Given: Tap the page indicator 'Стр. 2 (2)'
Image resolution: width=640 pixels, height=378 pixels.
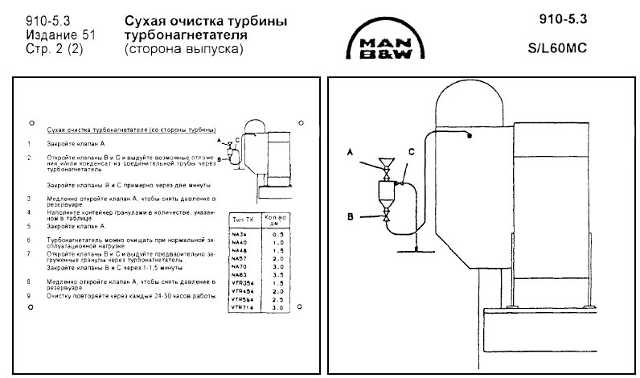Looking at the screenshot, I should (x=55, y=50).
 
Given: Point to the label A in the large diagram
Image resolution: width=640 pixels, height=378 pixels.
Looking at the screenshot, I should (x=351, y=151).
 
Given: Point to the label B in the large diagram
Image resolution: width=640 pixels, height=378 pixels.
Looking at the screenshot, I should (x=351, y=216).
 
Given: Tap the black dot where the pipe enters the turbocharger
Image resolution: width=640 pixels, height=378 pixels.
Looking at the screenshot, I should (x=467, y=137).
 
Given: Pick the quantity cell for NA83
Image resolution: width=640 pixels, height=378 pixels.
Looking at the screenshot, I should (x=277, y=274).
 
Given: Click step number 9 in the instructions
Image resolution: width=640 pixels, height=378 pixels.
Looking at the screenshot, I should (x=29, y=296).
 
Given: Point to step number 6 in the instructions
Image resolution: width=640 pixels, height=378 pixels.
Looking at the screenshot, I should (x=29, y=239).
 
